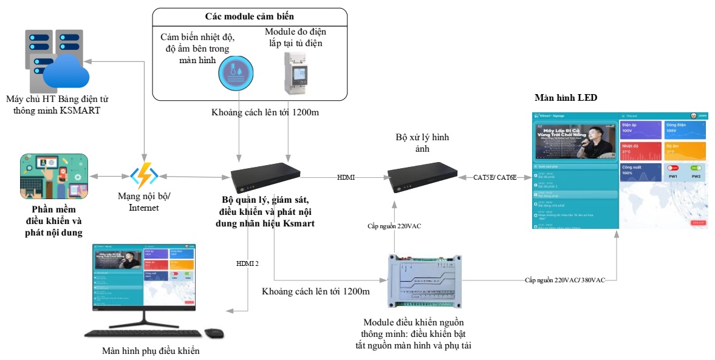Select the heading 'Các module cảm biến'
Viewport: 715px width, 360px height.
(x=249, y=16)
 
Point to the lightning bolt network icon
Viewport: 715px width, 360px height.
(x=145, y=176)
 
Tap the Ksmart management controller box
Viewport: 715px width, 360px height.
(x=265, y=178)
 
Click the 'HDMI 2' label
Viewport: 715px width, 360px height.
(x=247, y=263)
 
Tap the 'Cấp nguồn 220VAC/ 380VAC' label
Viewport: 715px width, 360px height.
(x=564, y=280)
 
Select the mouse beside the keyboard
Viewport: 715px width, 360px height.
(x=214, y=333)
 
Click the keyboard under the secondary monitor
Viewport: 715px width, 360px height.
(x=143, y=333)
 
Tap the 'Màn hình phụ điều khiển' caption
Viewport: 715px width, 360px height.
(x=151, y=351)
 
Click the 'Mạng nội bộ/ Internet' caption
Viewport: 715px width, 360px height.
(x=145, y=203)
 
